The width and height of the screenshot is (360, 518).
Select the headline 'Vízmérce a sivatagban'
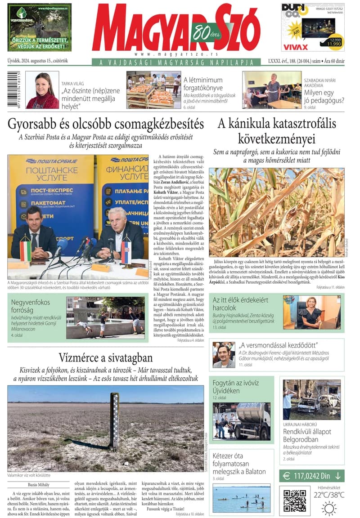[106, 358]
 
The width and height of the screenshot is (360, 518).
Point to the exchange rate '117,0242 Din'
[312, 476]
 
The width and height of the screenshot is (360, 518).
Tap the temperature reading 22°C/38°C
[329, 495]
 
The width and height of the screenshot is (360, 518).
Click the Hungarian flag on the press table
[26, 250]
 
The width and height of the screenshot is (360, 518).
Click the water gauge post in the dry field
[115, 421]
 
